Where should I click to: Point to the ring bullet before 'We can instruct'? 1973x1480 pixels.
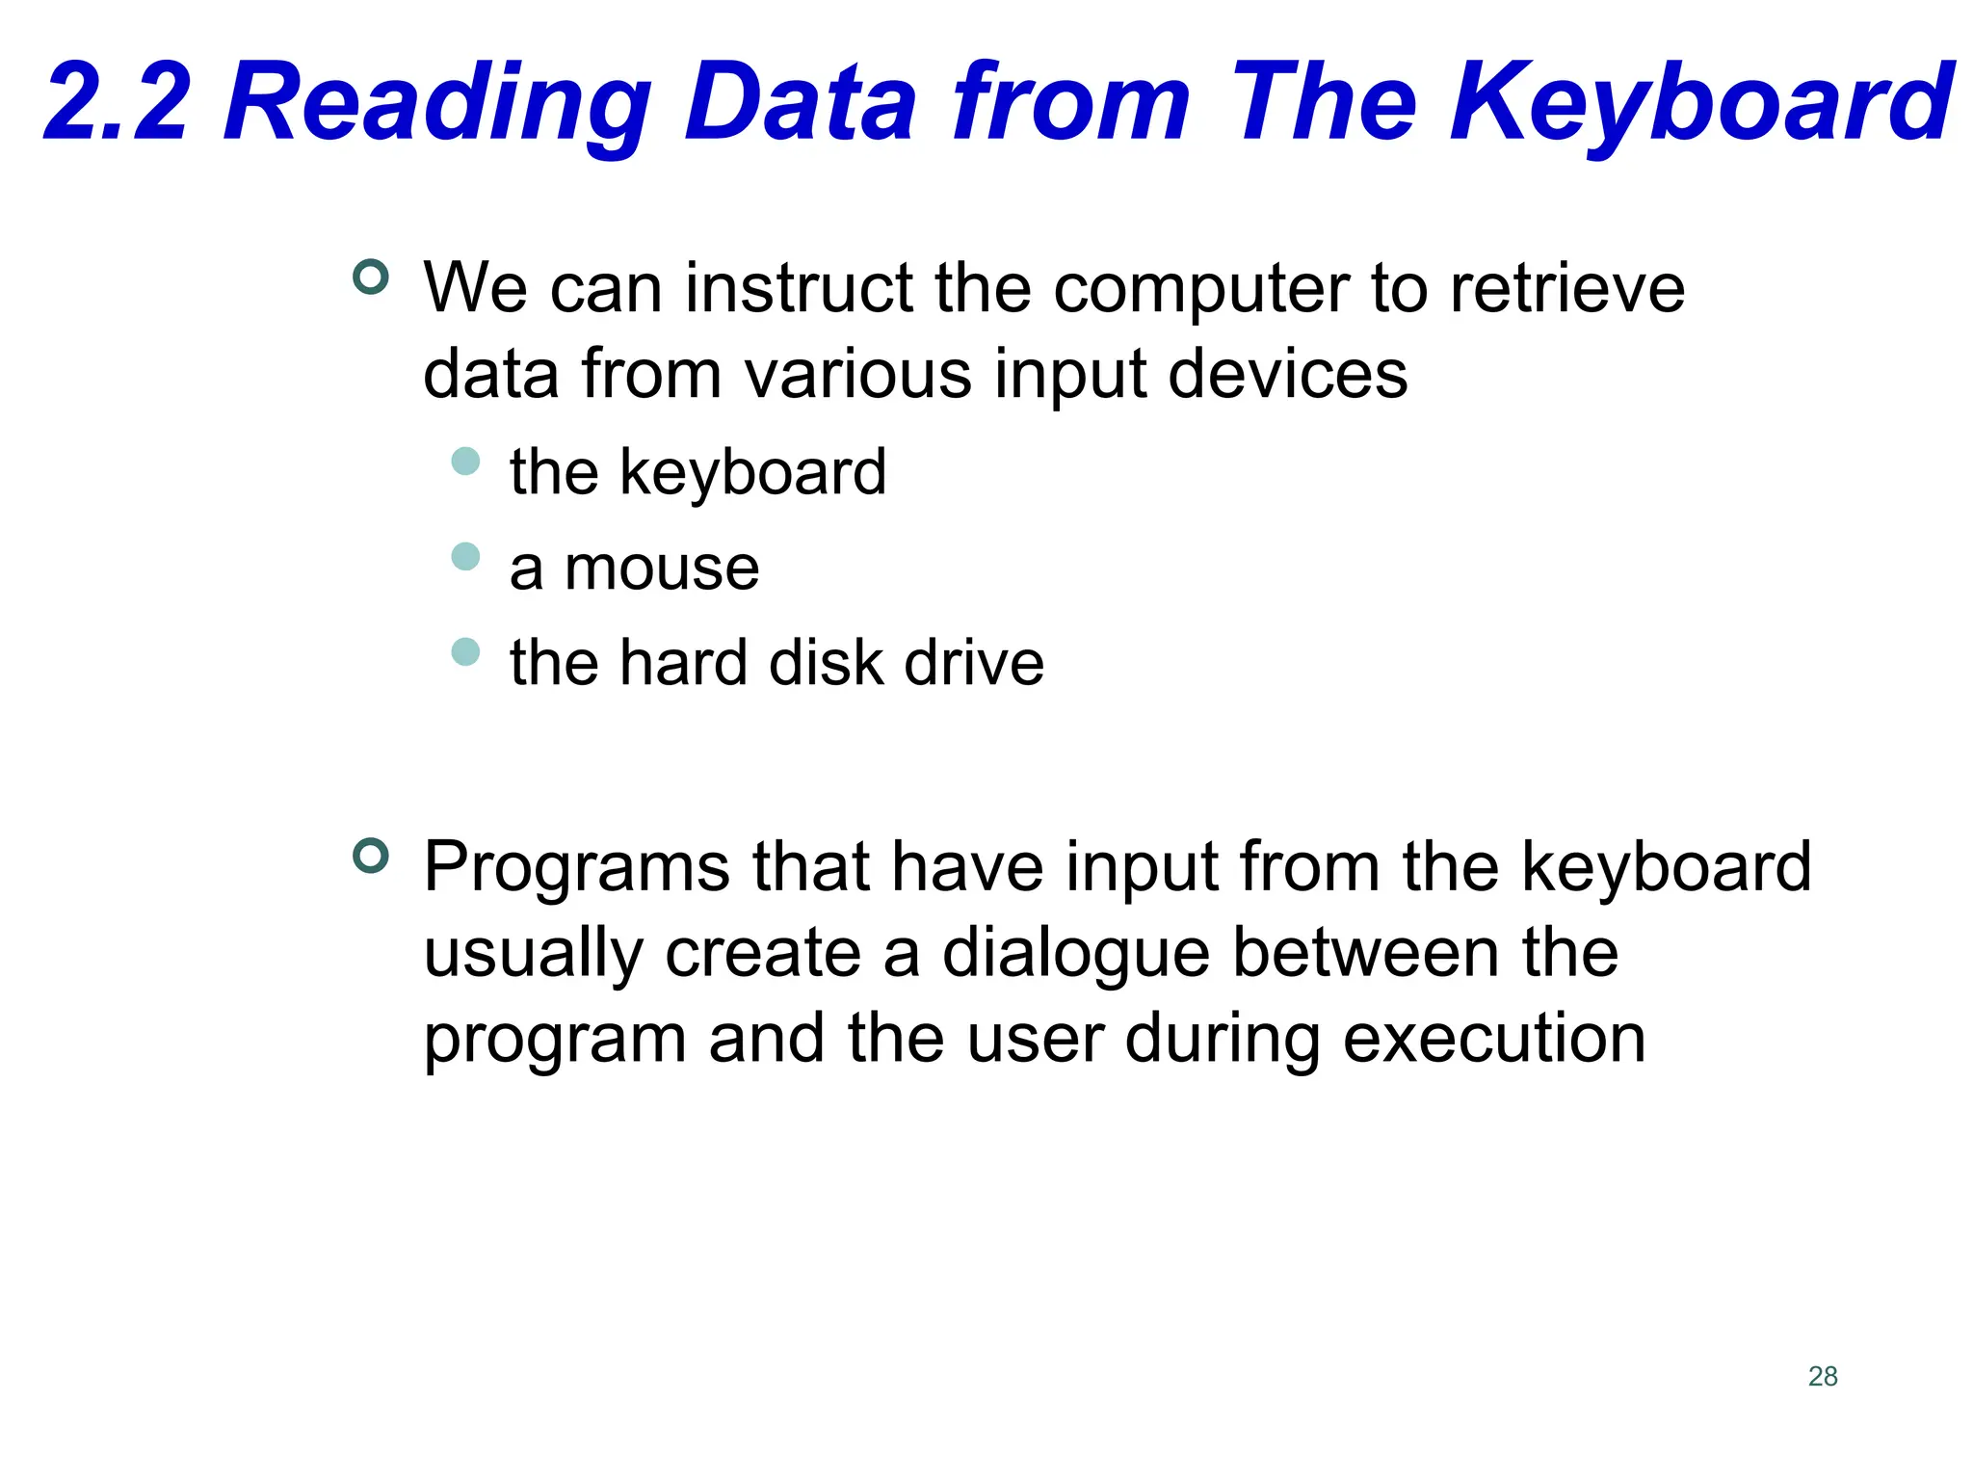(371, 277)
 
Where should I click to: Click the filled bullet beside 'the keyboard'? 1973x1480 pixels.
(465, 461)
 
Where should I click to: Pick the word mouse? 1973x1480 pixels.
(662, 568)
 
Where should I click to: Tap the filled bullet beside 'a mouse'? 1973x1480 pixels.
(465, 556)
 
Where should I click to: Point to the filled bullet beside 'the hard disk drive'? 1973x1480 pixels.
(465, 651)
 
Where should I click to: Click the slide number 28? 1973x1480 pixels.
(1823, 1376)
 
